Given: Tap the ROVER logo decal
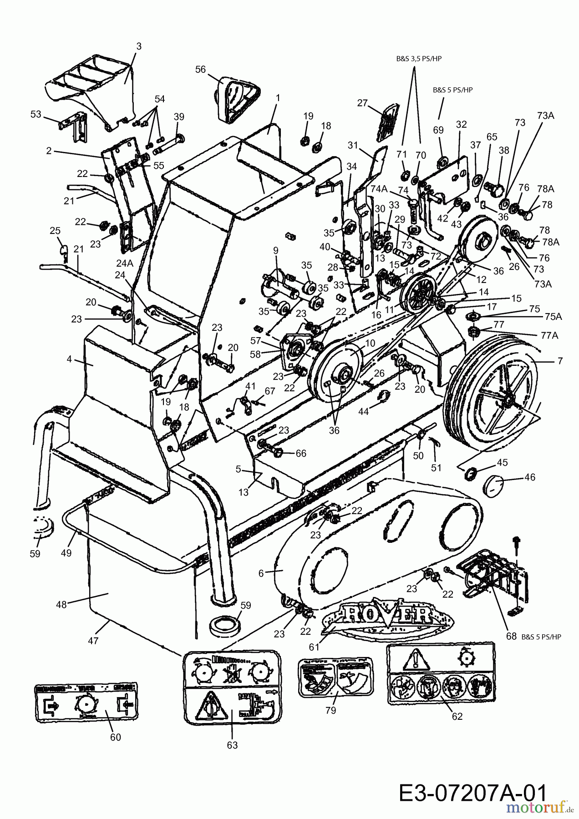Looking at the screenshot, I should click(387, 615).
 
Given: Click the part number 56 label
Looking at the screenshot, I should click(200, 70).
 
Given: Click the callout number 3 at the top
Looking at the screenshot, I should click(138, 46).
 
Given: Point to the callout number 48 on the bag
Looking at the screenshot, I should click(61, 605).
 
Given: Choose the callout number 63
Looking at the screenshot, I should click(232, 745).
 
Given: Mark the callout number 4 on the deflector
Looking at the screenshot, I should click(70, 359).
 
